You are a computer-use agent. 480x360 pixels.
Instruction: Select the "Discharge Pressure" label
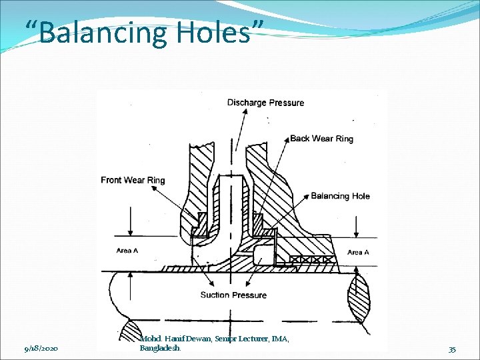265,103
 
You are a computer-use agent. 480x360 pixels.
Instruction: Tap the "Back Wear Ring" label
321,139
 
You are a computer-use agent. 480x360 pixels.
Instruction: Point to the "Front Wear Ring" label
133,180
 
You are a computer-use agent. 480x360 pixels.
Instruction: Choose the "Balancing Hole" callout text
340,196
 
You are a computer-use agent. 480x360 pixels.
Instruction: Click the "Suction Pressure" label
233,295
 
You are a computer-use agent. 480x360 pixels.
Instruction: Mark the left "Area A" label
127,251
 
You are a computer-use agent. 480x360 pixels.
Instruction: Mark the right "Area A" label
358,252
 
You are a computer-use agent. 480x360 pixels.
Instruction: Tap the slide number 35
452,349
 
